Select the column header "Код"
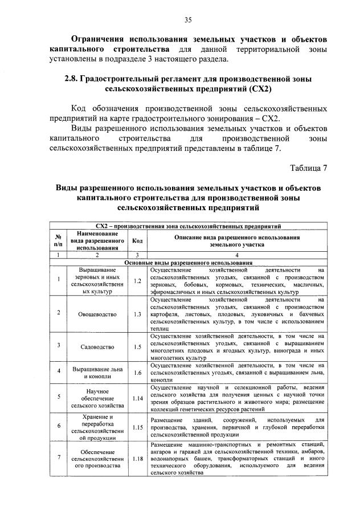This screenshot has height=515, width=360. [137, 241]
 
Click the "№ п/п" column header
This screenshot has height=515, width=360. [58, 241]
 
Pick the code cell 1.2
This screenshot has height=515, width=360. [137, 280]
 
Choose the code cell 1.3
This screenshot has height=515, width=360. [137, 313]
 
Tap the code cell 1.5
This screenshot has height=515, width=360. [137, 346]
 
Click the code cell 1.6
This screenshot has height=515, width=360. [137, 373]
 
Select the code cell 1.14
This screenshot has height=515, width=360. [137, 398]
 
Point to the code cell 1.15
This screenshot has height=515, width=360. [137, 427]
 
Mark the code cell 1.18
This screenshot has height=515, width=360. [137, 457]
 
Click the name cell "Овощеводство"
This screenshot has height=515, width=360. [97, 314]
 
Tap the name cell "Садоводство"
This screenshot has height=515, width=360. [97, 347]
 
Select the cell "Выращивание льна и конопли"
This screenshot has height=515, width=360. [97, 373]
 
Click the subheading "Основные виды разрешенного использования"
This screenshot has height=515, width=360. [189, 263]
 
